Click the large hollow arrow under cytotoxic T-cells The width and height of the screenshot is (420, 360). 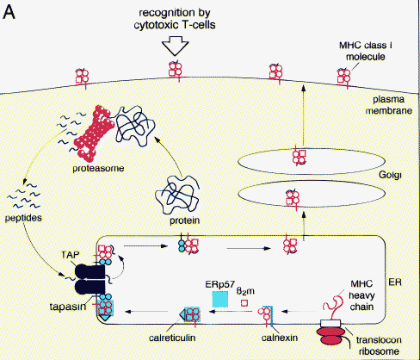pos(175,46)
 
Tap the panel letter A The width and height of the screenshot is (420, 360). pos(9,12)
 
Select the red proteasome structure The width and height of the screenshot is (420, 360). pos(94,133)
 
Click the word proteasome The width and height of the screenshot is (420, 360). pos(98,168)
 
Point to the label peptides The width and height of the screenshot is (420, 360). pos(23,218)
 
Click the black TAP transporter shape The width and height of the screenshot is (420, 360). pos(90,279)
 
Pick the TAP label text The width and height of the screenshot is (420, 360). pos(71,255)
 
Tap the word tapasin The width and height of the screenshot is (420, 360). pos(68,307)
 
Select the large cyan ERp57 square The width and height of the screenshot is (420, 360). pos(220,299)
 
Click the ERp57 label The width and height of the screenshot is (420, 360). pos(220,284)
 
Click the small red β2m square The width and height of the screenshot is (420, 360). pos(244,303)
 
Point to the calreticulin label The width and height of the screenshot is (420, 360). pos(172,338)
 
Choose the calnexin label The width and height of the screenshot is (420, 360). pos(280,338)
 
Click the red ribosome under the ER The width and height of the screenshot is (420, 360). pos(330,336)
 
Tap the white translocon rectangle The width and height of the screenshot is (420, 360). pos(330,323)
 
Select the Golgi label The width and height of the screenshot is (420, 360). pos(390,175)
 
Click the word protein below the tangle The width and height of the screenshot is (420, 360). pos(184,220)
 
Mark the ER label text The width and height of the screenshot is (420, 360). pos(395,282)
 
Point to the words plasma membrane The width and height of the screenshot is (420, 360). pos(389,105)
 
